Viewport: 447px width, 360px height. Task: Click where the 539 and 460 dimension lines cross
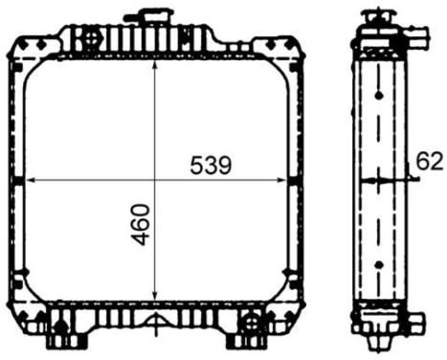pos(156,180)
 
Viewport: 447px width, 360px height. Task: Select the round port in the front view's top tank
pos(92,39)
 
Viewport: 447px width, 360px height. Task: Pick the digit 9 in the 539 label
pos(223,166)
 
